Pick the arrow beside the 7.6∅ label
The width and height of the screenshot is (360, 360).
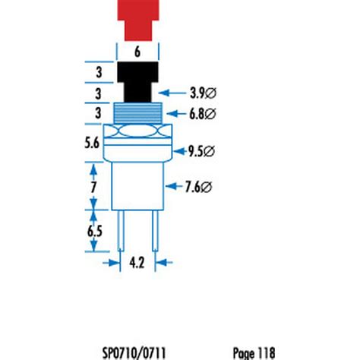click(x=175, y=185)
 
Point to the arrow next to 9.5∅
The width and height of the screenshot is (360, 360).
click(x=180, y=151)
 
